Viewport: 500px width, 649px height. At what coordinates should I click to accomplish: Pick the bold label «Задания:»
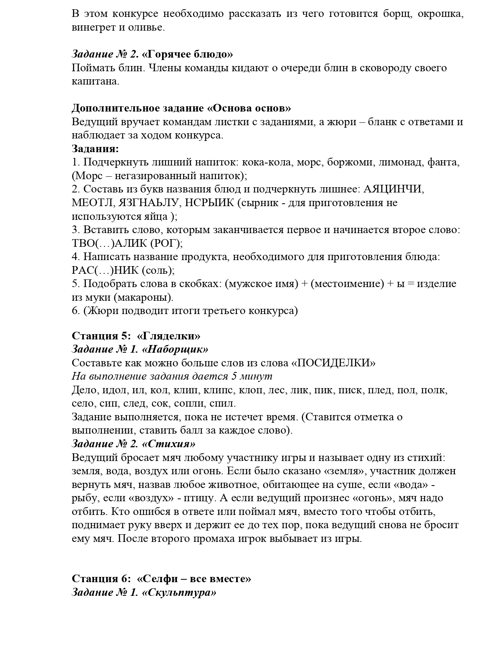click(x=95, y=149)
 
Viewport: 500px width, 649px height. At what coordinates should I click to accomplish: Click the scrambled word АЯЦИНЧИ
click(x=394, y=189)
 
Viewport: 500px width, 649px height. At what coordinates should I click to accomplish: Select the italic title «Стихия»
click(x=169, y=444)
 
